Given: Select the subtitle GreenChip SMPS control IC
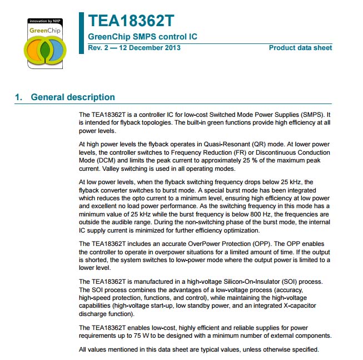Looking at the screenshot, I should [x=142, y=37].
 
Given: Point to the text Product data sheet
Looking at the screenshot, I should [x=300, y=48].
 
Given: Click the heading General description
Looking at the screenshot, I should [x=73, y=97].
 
